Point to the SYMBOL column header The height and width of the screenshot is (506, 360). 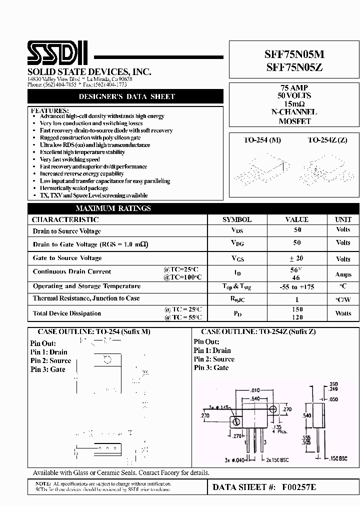[237, 219]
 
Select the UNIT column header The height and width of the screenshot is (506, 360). [343, 219]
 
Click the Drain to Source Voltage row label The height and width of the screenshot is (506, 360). [66, 231]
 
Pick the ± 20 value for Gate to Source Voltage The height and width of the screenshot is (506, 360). [297, 258]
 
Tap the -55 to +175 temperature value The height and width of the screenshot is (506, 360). [297, 287]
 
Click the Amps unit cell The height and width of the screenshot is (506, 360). [343, 274]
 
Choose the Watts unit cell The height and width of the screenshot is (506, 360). [343, 313]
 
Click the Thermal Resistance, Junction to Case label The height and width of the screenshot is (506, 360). [86, 298]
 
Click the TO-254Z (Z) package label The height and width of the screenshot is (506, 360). [327, 140]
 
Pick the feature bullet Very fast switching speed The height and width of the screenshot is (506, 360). [69, 159]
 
